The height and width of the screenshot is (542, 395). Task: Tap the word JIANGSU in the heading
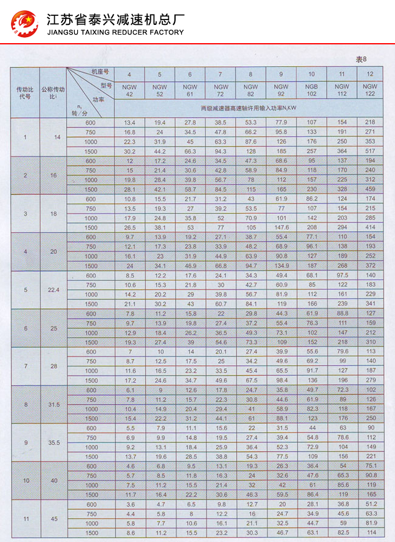coord(66,32)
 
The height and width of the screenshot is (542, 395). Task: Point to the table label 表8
coord(362,59)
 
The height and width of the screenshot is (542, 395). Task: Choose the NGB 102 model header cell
coord(311,91)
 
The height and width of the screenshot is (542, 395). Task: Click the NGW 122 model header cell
coord(370,91)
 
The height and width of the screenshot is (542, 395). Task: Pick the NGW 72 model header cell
coord(220,91)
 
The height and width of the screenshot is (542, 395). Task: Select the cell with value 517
coord(370,151)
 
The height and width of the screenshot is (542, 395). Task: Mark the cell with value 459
coord(370,189)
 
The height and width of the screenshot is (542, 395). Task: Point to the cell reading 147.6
coord(281,227)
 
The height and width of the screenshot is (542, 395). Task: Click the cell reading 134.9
coord(281,266)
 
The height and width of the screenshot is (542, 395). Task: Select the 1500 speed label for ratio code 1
coord(91,151)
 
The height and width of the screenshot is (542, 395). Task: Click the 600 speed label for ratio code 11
coord(91,504)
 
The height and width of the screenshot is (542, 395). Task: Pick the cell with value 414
coord(370,227)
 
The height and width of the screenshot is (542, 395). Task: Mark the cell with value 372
coord(370,266)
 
